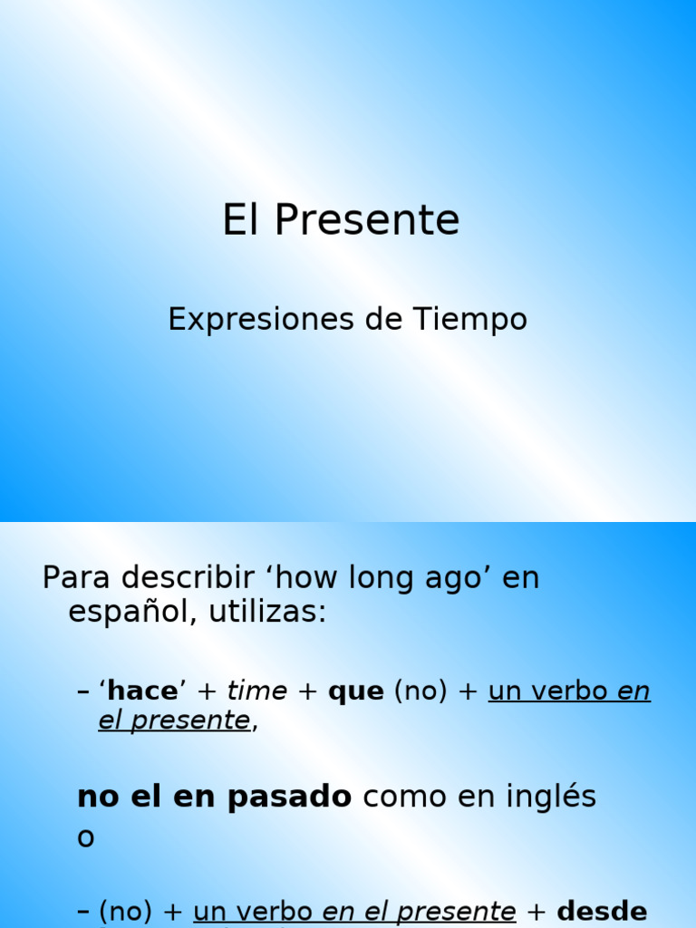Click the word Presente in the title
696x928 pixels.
click(367, 220)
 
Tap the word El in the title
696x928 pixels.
click(241, 220)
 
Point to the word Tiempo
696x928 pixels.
click(470, 320)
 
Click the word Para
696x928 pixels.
click(76, 578)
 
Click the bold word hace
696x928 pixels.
click(142, 691)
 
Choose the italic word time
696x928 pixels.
click(256, 691)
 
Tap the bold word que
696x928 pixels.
click(356, 692)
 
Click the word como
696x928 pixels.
click(405, 797)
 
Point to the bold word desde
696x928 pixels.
click(602, 912)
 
